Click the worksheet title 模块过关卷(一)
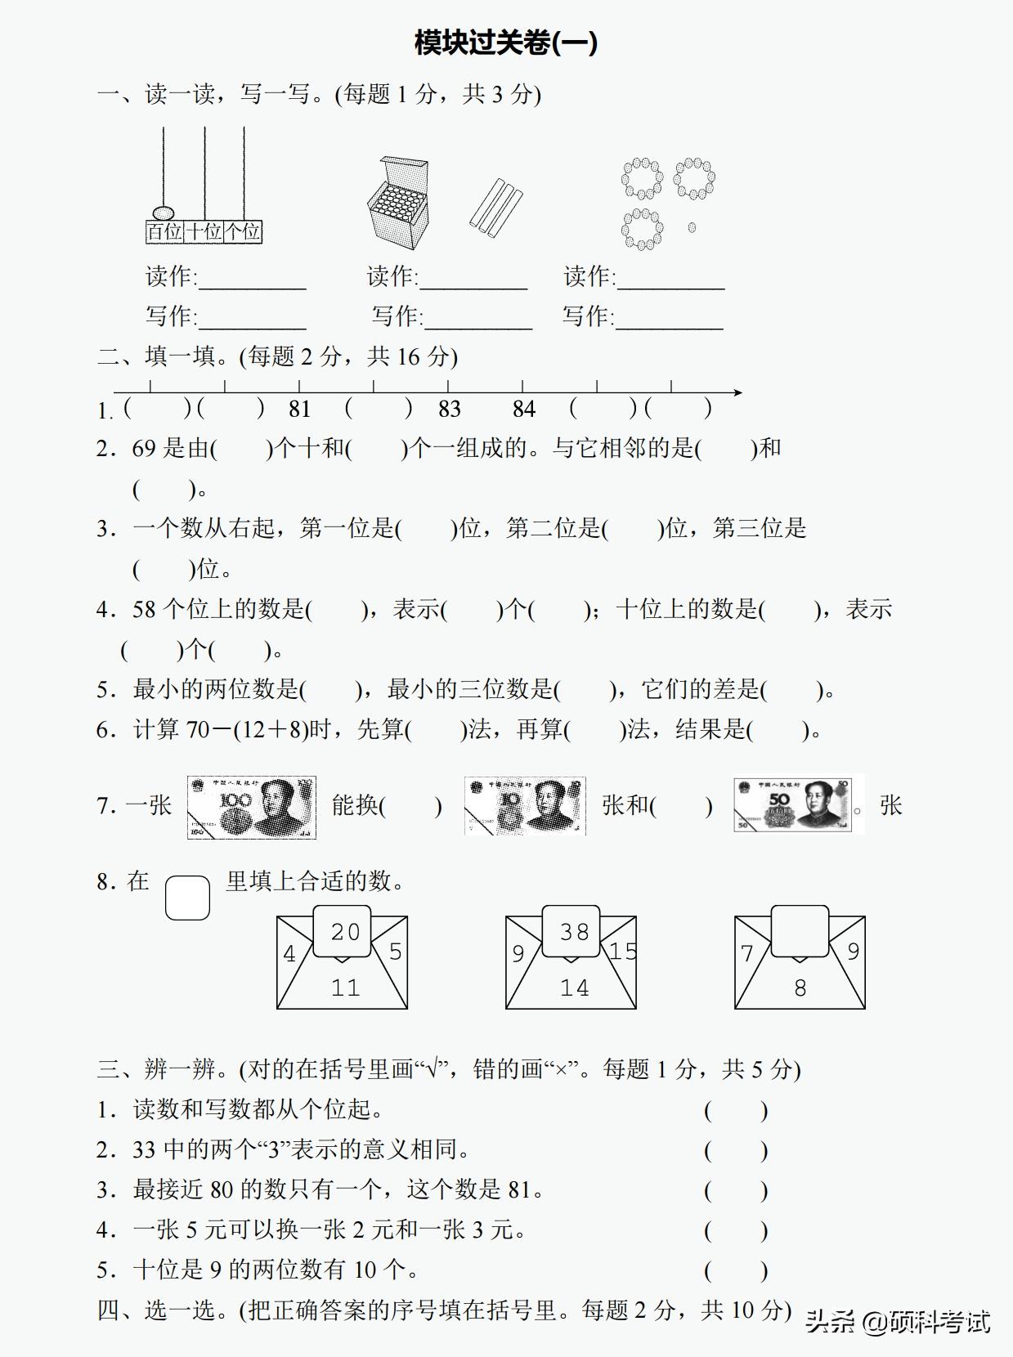click(x=506, y=43)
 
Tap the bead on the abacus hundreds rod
click(x=164, y=213)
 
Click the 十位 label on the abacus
click(x=204, y=232)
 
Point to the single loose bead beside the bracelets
click(x=692, y=227)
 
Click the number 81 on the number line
click(x=299, y=409)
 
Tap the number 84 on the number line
click(x=523, y=409)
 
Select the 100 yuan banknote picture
click(x=251, y=807)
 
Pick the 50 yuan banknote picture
click(x=798, y=805)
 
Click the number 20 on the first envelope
click(x=345, y=932)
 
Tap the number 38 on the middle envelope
click(x=574, y=932)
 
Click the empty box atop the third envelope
click(x=800, y=930)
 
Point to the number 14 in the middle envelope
click(x=574, y=988)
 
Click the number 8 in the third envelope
click(x=800, y=988)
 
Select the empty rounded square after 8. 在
click(x=187, y=898)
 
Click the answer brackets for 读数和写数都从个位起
click(x=736, y=1110)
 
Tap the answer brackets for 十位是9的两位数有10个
click(x=736, y=1270)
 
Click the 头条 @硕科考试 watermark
click(x=898, y=1321)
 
